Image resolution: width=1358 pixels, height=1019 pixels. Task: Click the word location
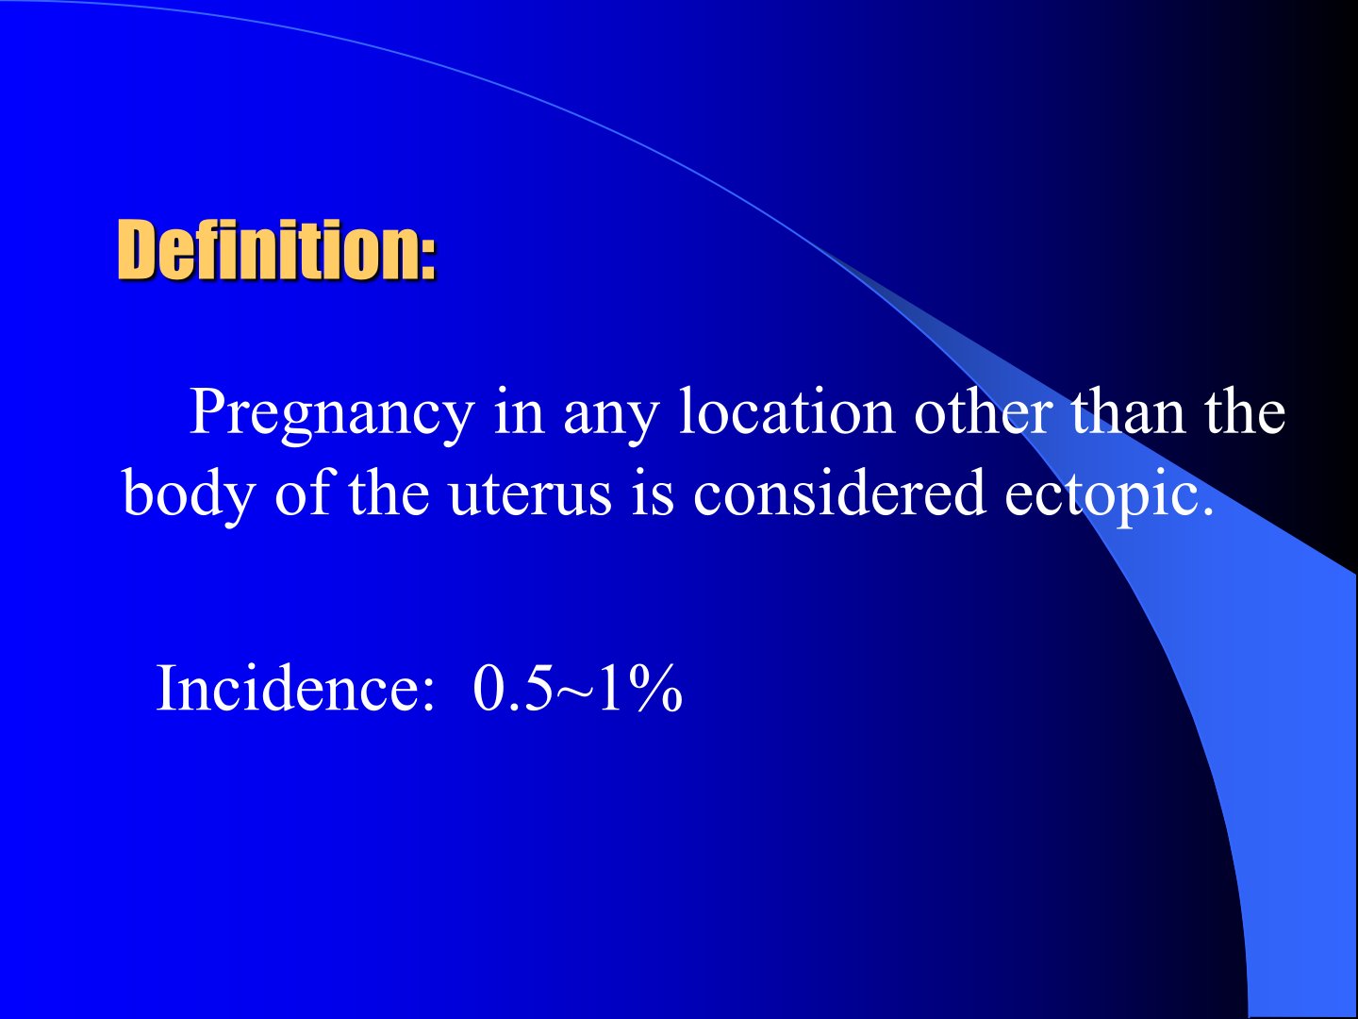[x=787, y=411]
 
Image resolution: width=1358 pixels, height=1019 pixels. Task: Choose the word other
[x=984, y=411]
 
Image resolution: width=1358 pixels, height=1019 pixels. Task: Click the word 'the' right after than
[x=1245, y=411]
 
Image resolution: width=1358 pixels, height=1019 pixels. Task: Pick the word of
[x=303, y=492]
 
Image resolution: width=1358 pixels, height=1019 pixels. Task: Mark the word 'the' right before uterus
[x=389, y=492]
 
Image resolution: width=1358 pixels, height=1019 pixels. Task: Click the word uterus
[x=530, y=496]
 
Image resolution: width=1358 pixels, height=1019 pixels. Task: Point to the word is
[x=652, y=492]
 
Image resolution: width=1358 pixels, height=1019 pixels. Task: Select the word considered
[x=839, y=492]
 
